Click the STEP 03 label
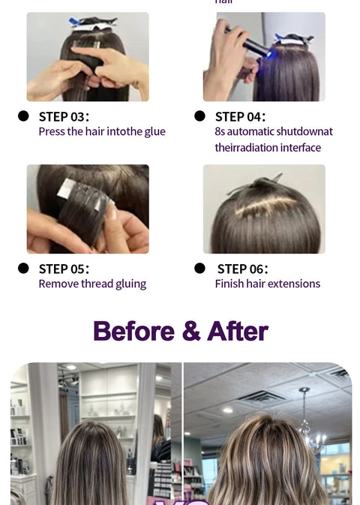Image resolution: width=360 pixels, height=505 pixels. point(64,116)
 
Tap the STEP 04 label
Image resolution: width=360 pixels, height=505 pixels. point(240,116)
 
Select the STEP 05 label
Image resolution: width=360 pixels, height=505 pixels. point(64,269)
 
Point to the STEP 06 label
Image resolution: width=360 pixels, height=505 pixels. point(242,269)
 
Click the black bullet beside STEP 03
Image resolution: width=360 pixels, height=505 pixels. point(23,116)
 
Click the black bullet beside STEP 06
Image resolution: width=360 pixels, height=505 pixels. point(199,268)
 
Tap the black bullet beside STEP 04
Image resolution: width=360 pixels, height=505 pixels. point(199,116)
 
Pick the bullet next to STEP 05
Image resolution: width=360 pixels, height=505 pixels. point(23,268)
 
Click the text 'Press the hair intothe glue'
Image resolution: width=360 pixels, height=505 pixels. point(102,132)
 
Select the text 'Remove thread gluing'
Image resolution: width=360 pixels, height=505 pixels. point(92,284)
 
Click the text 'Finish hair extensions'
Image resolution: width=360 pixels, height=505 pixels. point(268,284)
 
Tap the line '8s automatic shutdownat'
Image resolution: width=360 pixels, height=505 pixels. point(274,132)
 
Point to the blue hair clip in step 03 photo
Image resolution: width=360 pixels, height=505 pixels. point(78,23)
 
